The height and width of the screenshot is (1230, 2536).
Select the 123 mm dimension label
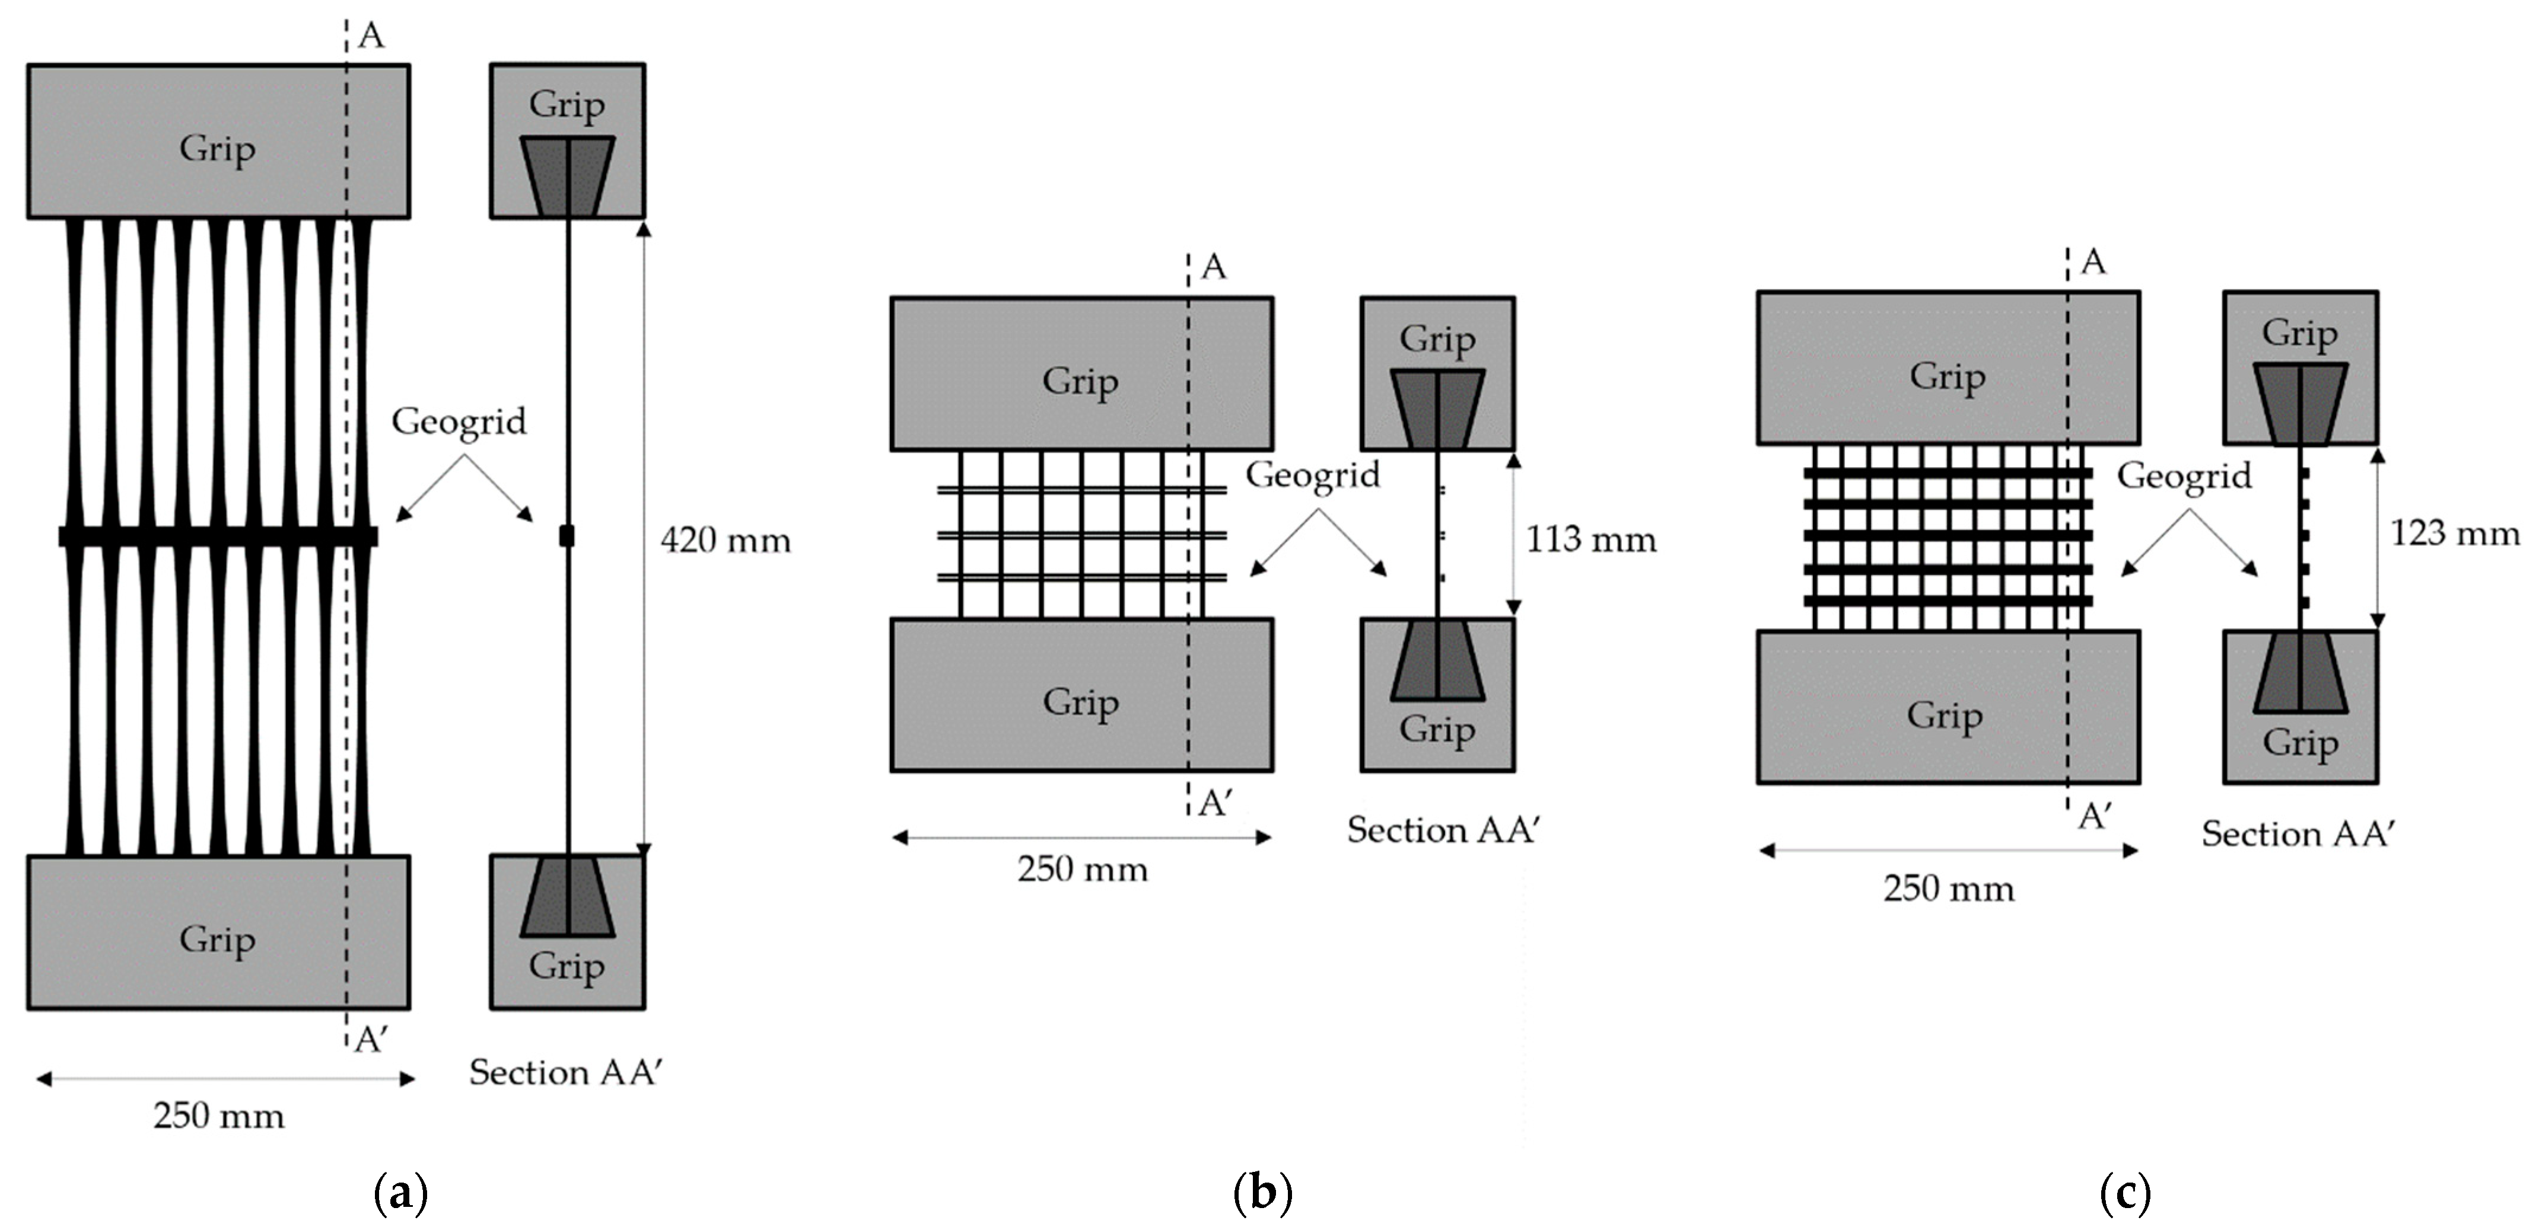2454,533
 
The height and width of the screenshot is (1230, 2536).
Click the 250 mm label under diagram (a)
218,1116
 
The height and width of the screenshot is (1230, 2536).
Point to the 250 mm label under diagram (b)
1082,870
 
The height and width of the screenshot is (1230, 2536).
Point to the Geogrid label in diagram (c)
2184,476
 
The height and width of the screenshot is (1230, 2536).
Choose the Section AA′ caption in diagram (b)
1442,830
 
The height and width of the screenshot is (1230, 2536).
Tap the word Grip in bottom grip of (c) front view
1945,715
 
